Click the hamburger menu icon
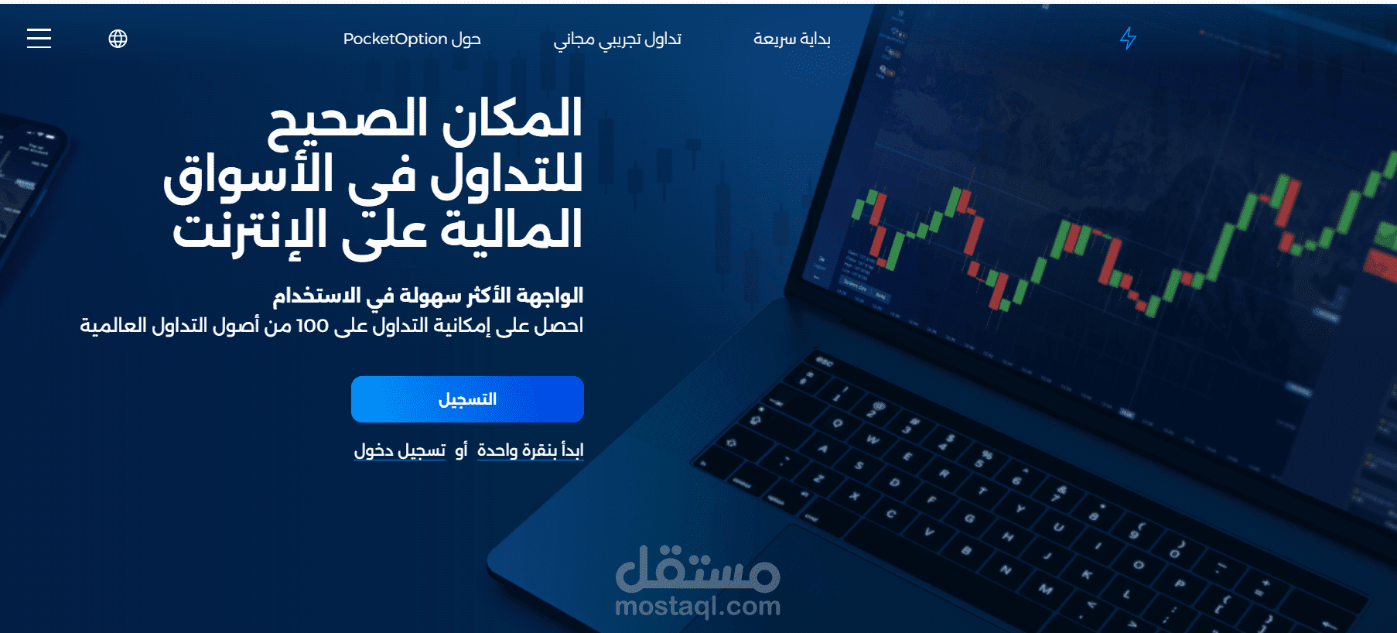point(39,39)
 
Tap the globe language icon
point(118,39)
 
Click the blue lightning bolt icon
point(1129,38)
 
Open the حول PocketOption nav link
point(412,39)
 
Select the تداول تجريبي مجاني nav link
point(617,39)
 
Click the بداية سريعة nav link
point(792,39)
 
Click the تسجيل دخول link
point(399,450)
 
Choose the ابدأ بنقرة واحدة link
point(530,450)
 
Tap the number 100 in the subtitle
point(313,327)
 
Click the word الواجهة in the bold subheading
point(549,296)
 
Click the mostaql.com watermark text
point(698,606)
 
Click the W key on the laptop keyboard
point(873,440)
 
